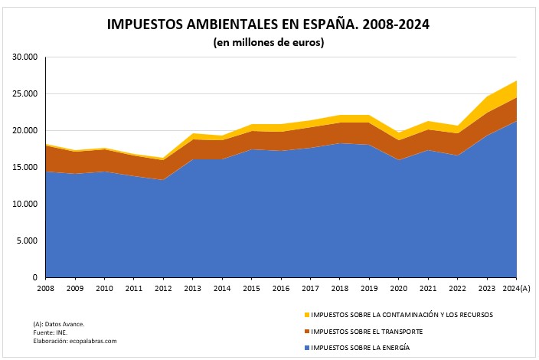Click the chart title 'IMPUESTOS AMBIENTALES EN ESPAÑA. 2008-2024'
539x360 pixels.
tap(269, 24)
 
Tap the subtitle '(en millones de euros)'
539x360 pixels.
tap(269, 43)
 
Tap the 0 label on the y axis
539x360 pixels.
tap(35, 277)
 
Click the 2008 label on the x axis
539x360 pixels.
tap(45, 288)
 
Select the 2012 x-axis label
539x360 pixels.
tap(163, 288)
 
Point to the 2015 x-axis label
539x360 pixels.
tap(251, 288)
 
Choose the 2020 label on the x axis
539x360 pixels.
tap(399, 288)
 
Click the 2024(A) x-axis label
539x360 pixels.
tap(518, 288)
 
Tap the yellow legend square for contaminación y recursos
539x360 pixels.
tap(306, 315)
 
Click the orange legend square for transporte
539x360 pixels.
tap(306, 332)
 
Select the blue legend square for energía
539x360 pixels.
tap(306, 349)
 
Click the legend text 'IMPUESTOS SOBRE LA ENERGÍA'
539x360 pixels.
tap(361, 349)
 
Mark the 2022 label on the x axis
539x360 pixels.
tap(458, 288)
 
